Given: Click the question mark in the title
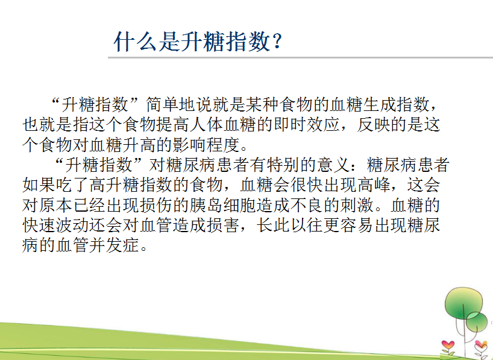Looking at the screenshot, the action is coord(277,41).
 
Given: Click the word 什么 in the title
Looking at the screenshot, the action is coord(135,42).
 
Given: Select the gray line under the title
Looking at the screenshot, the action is coord(300,57).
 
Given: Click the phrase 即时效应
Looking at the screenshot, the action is coord(307,125).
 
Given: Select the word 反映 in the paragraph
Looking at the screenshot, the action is coord(373,125).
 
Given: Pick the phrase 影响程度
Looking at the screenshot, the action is coord(206,145).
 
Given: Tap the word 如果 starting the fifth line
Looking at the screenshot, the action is coord(39,185).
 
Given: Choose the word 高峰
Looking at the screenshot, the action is coord(373,185).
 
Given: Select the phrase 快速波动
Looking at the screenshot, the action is coord(55,225).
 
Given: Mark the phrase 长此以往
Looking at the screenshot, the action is coord(289,225).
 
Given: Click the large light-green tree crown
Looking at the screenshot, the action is coord(463,303).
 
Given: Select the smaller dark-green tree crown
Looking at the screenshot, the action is coord(477,321).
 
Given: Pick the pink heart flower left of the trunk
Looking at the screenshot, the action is coord(448,345).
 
